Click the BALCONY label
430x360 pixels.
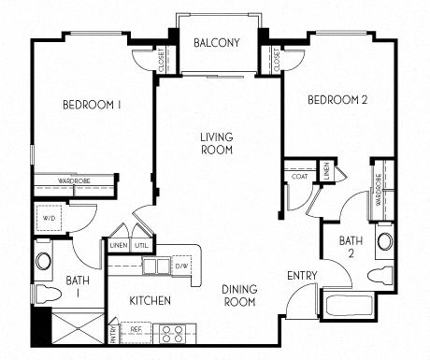[217, 43]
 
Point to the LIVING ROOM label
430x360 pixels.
[216, 144]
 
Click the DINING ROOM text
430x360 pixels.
[239, 296]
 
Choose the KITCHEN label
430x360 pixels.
[150, 301]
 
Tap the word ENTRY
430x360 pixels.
[302, 276]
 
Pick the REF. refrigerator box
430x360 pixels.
[135, 331]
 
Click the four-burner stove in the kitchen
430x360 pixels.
[170, 332]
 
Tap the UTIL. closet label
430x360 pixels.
[141, 245]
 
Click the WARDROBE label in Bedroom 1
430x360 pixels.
[73, 181]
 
